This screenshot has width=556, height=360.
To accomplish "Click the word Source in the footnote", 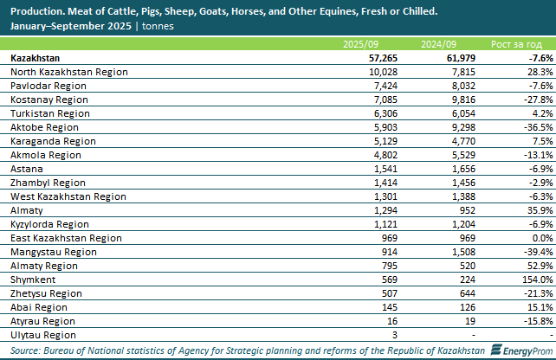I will pos(29,350).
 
